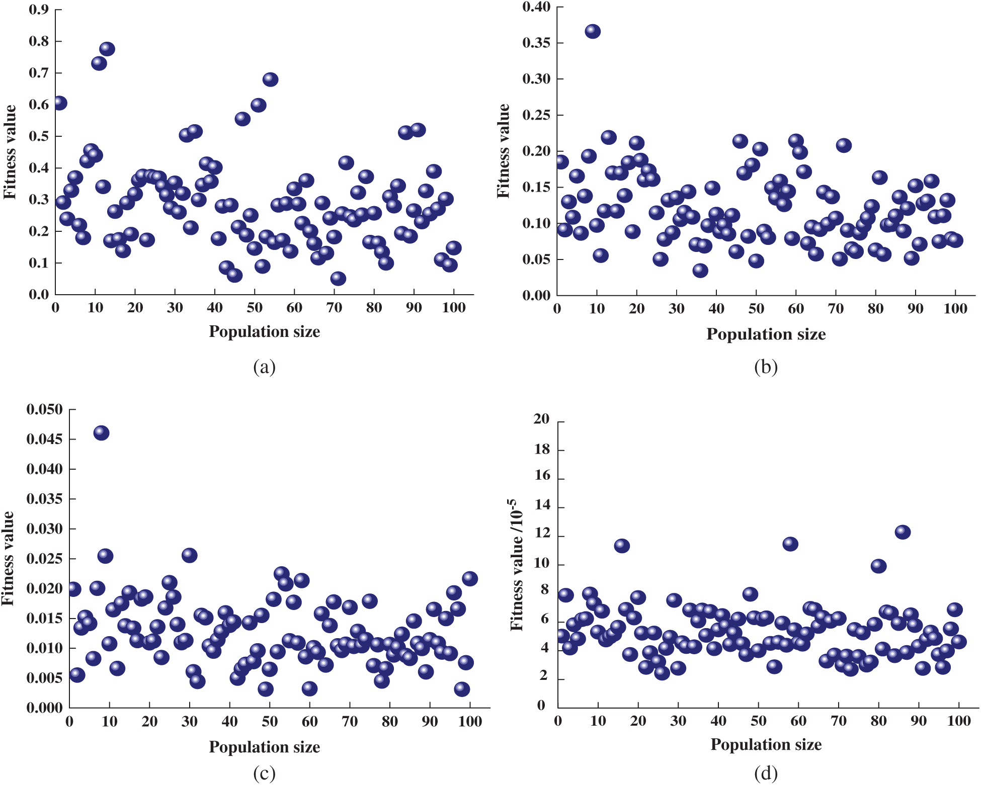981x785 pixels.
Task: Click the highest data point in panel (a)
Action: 107,49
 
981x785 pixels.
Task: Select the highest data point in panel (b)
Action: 593,31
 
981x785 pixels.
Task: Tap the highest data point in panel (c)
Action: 101,432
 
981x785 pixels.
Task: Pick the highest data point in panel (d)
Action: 903,532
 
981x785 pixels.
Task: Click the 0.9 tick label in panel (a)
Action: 39,10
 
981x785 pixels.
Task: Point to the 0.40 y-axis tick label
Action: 536,7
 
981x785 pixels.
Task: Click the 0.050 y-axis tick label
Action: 45,409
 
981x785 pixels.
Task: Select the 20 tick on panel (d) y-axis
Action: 541,419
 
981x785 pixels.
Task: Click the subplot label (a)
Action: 264,367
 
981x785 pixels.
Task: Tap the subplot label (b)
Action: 766,367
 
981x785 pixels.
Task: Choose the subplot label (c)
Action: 264,773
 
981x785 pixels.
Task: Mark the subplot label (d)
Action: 766,773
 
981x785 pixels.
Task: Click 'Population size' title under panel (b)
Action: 766,334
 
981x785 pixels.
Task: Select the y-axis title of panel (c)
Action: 8,558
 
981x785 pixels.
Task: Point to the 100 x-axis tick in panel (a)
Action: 453,308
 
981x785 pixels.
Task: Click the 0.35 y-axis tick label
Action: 536,43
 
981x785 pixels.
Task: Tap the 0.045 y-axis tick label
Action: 45,439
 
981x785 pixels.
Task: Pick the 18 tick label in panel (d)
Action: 541,449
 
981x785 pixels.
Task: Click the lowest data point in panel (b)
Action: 700,271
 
